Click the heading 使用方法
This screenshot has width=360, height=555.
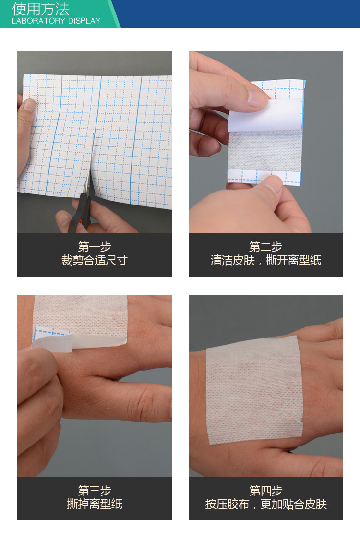41,9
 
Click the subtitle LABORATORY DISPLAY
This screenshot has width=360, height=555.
56,21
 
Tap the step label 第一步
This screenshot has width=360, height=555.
95,247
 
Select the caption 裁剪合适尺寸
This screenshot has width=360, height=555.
95,261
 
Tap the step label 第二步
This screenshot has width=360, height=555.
265,247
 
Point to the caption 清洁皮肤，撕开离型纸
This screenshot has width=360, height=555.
265,261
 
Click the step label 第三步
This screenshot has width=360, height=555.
95,491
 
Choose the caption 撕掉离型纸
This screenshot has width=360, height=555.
95,504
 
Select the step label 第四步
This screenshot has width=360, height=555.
265,491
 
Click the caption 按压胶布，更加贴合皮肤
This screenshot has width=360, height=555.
265,504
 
